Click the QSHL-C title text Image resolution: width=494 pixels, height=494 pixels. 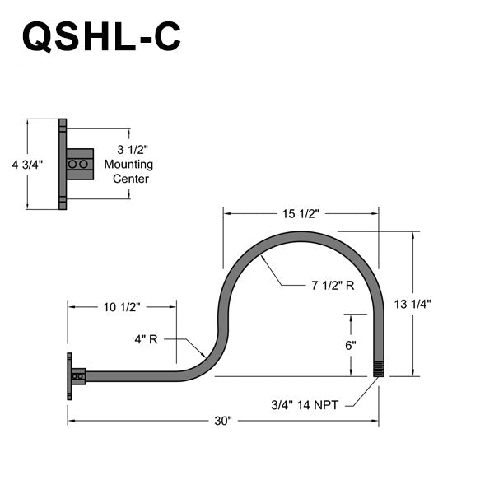[x=101, y=37]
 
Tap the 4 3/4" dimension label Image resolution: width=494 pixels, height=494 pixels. [x=27, y=164]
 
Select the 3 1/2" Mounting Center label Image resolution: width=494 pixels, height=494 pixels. [x=128, y=164]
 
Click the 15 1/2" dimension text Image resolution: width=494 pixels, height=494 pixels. [x=301, y=213]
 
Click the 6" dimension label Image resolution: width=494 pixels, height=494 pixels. [x=351, y=345]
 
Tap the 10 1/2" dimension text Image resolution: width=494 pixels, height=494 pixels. [x=122, y=306]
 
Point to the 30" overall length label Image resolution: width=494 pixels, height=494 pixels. [x=222, y=421]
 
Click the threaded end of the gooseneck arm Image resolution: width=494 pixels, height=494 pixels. [x=379, y=368]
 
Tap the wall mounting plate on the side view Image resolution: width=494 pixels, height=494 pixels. [x=68, y=376]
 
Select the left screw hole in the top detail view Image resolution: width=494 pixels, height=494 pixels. [x=72, y=165]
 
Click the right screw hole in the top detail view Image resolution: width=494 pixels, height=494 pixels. [x=84, y=165]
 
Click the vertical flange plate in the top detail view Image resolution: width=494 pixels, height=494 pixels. [x=63, y=164]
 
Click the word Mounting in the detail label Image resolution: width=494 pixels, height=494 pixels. [x=128, y=164]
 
